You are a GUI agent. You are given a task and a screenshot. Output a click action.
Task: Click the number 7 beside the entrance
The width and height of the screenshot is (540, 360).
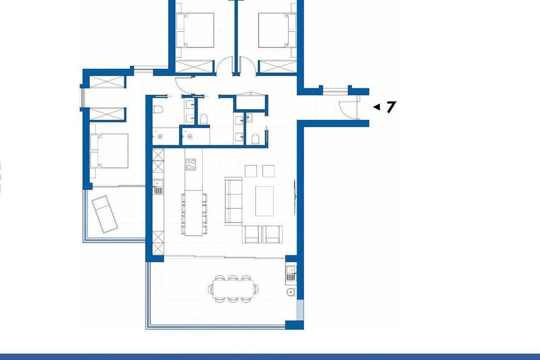(x=391, y=107)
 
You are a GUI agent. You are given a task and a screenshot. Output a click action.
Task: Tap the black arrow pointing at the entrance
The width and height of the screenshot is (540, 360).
(x=377, y=107)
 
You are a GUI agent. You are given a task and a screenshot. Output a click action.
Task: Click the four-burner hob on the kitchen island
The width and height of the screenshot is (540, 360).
(x=191, y=164)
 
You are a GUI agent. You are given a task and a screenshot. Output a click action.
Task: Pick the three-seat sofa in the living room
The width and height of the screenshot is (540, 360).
(x=233, y=201)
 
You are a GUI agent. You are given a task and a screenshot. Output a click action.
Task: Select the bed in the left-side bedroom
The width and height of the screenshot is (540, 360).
(x=109, y=151)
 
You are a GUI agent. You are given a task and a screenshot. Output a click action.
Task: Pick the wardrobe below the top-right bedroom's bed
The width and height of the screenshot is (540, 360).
(x=277, y=67)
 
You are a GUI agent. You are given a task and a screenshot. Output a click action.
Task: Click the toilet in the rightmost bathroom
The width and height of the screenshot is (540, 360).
(x=255, y=139)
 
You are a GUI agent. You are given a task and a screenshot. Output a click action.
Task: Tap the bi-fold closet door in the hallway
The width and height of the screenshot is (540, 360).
(x=251, y=94)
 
